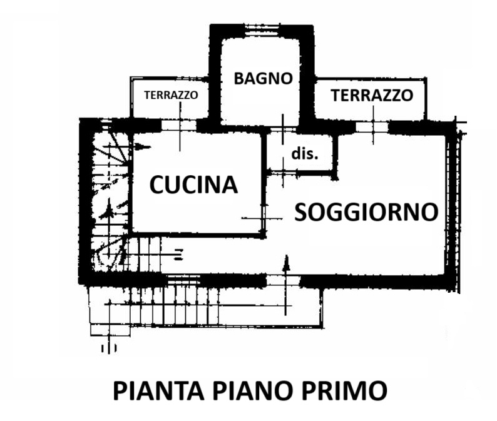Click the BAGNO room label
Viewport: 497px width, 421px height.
click(263, 79)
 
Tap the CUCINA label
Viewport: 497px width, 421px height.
click(194, 185)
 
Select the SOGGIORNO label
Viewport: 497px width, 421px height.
click(366, 212)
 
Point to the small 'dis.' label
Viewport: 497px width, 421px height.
click(304, 153)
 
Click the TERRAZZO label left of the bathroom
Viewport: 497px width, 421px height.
click(171, 96)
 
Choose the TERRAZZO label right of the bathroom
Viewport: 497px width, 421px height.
click(372, 96)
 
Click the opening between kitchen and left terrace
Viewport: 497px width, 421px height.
click(180, 125)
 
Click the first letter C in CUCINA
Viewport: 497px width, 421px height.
click(156, 185)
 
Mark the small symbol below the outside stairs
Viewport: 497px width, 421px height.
click(109, 346)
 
